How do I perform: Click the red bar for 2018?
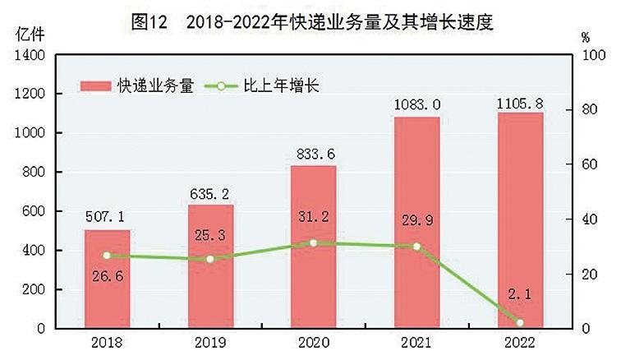point(107,279)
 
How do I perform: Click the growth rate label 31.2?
point(314,217)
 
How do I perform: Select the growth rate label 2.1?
point(520,294)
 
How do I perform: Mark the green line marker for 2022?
point(520,322)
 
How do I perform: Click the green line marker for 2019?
point(210,259)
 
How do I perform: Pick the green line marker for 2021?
point(416,247)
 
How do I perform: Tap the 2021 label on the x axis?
point(416,343)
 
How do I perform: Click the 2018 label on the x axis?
point(107,343)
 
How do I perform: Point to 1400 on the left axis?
point(29,55)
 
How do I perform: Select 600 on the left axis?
point(33,211)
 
